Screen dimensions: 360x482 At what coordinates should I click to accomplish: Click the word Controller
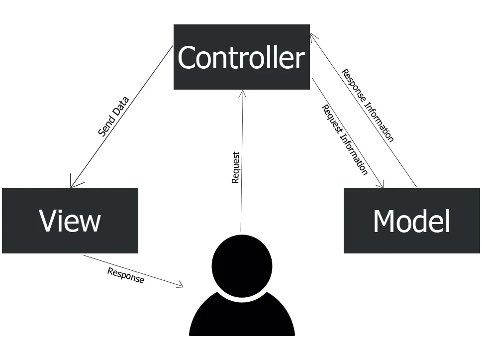[241, 58]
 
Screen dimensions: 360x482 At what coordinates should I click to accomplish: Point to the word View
[70, 221]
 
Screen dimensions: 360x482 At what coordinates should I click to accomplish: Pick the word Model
[411, 221]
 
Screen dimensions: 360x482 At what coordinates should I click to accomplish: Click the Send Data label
[113, 117]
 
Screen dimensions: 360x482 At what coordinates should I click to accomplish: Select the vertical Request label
[236, 167]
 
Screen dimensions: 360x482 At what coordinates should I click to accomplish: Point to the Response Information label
[368, 106]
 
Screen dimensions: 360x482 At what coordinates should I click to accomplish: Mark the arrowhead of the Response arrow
[181, 286]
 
